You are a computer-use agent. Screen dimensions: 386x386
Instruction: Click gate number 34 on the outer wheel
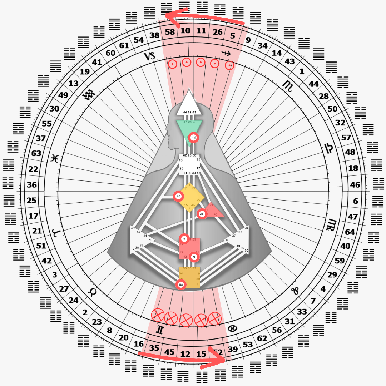point(262,46)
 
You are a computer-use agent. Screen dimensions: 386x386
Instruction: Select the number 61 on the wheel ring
point(124,46)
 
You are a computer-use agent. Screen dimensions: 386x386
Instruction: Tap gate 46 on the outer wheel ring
point(355,185)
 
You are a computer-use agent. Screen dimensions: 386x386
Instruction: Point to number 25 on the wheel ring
point(31,200)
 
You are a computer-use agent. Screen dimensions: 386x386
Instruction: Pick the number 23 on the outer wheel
point(97,322)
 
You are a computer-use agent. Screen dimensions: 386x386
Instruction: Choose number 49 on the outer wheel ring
point(63,95)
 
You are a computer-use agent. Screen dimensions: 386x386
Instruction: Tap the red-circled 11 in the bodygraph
point(194,137)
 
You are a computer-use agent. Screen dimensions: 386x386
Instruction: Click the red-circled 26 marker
point(202,214)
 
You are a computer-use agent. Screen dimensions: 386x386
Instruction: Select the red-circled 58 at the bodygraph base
point(181,284)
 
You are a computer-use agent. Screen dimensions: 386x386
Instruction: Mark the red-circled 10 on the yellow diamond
point(178,196)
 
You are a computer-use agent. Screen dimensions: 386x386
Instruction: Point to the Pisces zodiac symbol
point(54,158)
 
